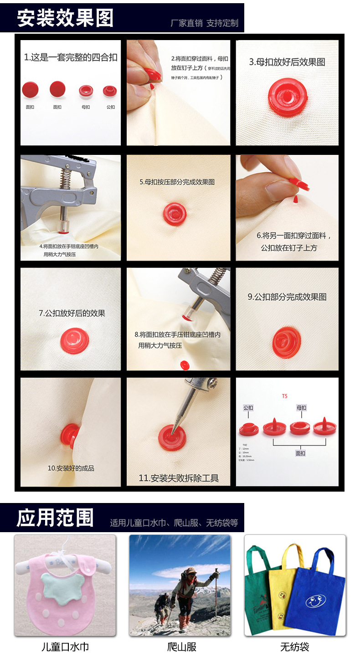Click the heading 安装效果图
click(65, 18)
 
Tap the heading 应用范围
click(55, 518)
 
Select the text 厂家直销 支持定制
click(204, 23)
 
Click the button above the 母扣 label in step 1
click(86, 91)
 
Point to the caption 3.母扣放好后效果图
click(287, 62)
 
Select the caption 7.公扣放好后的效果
click(72, 313)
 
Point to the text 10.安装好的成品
click(71, 468)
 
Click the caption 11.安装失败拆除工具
click(179, 478)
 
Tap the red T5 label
click(285, 396)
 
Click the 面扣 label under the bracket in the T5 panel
click(301, 453)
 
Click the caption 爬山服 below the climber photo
click(181, 647)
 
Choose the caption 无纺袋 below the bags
click(295, 647)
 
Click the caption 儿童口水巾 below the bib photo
click(65, 647)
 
